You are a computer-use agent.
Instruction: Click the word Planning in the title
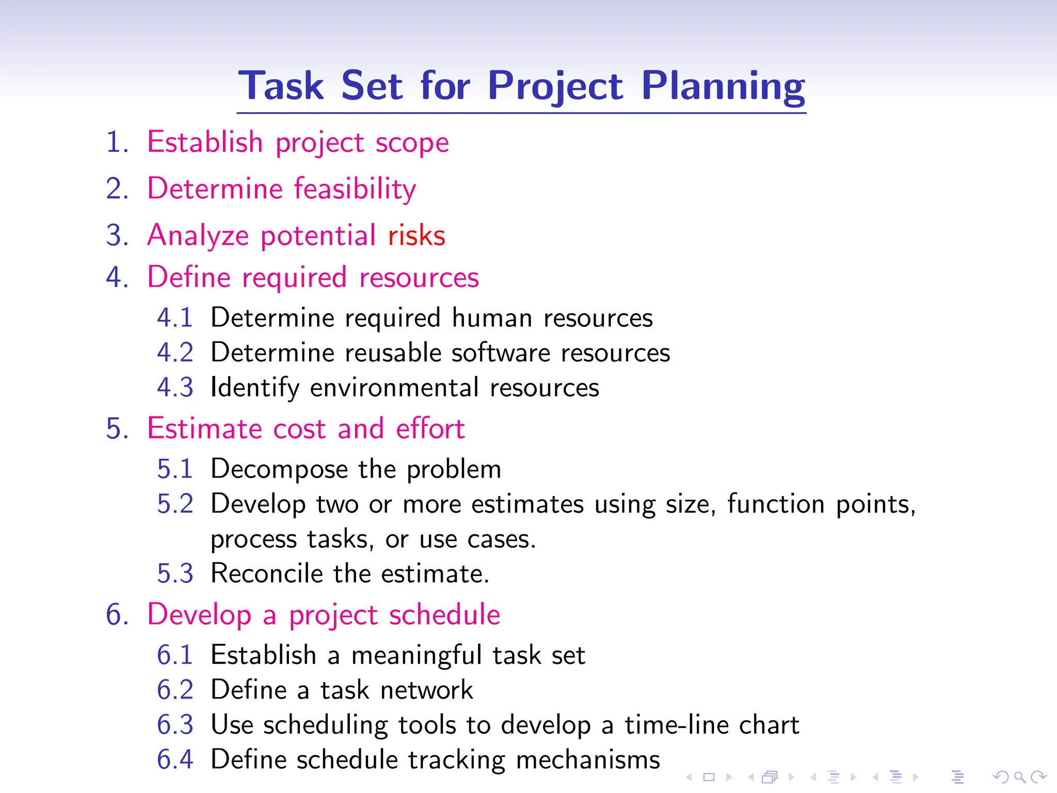723,86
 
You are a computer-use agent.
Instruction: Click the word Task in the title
281,86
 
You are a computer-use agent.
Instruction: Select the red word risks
417,235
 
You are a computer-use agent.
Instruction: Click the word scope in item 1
412,143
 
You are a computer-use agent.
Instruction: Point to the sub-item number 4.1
175,318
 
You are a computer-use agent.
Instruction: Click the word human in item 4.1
492,318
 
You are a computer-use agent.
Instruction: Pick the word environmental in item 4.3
394,388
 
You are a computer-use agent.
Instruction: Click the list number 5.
117,429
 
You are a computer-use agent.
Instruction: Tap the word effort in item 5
430,429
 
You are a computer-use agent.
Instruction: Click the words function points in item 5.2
821,504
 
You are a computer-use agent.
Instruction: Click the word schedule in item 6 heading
444,614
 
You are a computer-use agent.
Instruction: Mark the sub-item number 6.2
175,690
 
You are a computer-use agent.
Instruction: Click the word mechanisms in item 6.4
588,760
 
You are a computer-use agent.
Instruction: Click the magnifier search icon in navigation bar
1019,777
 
